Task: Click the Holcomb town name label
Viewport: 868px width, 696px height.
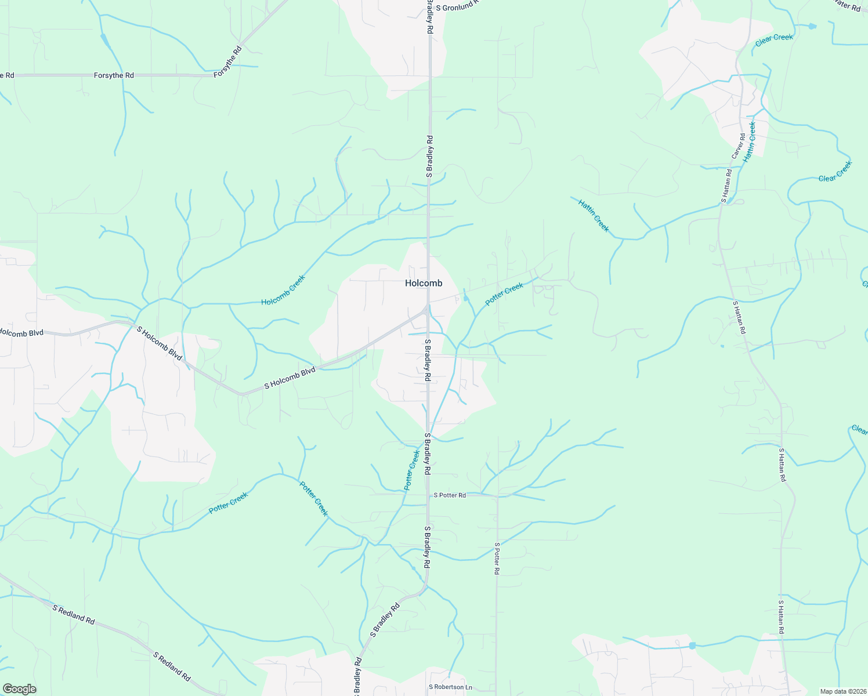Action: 423,283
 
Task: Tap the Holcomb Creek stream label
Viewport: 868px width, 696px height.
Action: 283,291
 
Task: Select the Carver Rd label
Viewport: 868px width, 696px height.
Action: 738,146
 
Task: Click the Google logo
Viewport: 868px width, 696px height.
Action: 19,688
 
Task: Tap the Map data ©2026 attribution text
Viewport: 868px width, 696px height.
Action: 842,691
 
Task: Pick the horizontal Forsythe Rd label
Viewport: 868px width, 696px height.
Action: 114,75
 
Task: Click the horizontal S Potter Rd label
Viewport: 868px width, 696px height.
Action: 450,495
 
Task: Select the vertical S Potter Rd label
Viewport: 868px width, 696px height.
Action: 497,559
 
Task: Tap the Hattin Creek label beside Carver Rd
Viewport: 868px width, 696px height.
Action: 749,141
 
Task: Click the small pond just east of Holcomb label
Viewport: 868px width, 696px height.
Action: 465,298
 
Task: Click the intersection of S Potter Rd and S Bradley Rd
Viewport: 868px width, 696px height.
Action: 428,495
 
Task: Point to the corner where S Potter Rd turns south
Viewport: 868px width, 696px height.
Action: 497,496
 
